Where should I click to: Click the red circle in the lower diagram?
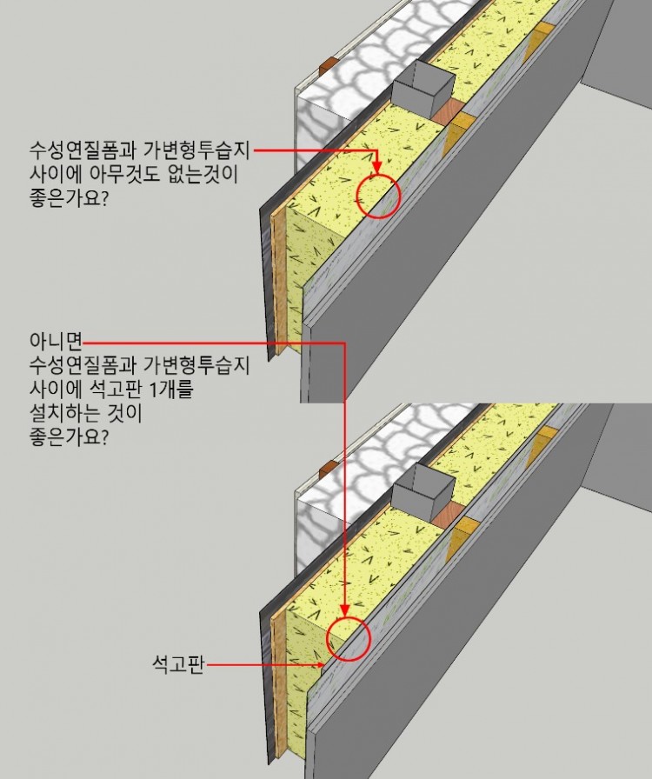coord(328,639)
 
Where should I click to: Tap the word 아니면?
coord(56,342)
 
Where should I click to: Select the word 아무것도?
coord(124,175)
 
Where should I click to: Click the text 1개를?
coord(171,389)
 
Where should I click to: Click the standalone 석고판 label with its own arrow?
coord(178,663)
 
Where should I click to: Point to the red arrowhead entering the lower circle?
coord(344,610)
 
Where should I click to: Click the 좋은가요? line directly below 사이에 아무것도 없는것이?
coord(69,199)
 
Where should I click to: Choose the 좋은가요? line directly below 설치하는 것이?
coord(69,437)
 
